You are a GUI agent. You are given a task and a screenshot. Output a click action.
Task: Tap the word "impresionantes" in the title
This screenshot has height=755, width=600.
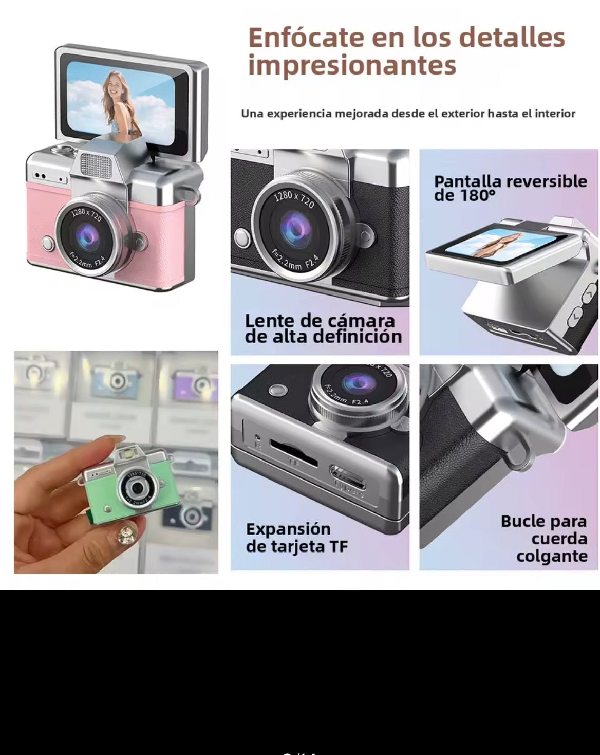(x=352, y=65)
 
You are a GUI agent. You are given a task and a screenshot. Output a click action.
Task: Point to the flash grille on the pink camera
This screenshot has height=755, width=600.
(x=97, y=164)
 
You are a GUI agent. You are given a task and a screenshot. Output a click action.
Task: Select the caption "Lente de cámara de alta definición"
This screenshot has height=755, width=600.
(x=323, y=328)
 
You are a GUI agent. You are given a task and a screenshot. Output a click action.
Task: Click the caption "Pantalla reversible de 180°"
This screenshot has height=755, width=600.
(x=510, y=188)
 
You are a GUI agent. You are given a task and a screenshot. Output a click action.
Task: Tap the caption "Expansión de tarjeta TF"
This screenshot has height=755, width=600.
(x=296, y=538)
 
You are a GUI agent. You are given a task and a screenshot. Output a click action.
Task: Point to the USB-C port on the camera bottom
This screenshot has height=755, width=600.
(x=348, y=475)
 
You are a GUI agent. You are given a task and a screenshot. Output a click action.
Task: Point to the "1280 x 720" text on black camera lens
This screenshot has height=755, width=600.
(x=293, y=200)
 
